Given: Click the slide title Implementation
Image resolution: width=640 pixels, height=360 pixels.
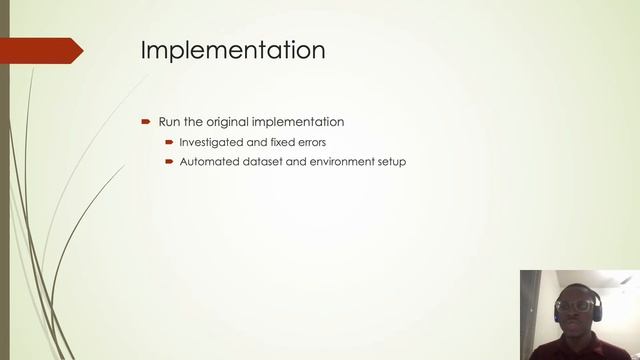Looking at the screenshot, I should click(x=232, y=50).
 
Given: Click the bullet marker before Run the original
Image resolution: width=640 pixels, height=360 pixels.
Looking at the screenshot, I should click(x=146, y=122).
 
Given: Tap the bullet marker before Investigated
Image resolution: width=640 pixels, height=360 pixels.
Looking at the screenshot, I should click(x=170, y=142).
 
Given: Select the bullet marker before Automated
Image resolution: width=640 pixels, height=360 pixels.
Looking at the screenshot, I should click(x=170, y=161).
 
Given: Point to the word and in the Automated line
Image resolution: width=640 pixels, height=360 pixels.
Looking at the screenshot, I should click(x=289, y=161).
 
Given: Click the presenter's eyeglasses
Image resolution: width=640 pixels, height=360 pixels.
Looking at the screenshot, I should click(x=577, y=306).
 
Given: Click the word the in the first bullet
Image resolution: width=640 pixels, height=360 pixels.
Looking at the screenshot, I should click(x=193, y=122).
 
